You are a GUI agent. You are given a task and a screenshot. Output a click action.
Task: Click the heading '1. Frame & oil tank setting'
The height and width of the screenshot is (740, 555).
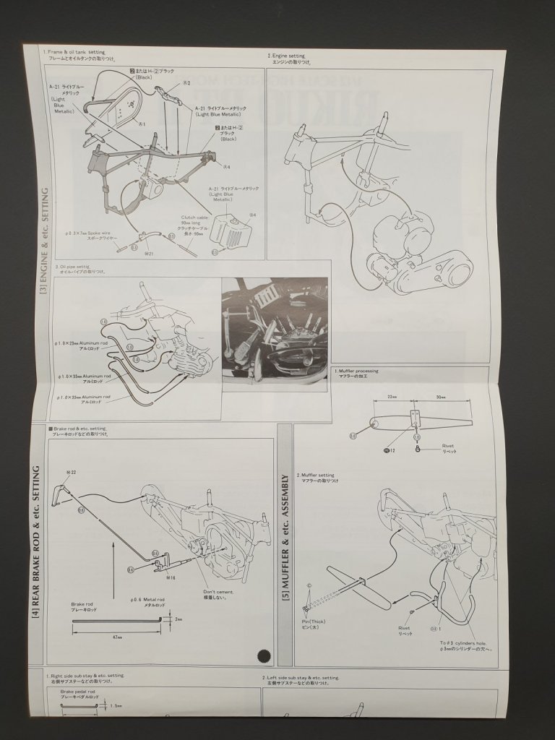[74, 53]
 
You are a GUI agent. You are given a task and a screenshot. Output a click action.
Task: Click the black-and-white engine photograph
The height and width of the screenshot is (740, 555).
[276, 335]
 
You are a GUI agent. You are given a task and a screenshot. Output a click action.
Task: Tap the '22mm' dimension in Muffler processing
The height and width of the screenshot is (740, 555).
[392, 396]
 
